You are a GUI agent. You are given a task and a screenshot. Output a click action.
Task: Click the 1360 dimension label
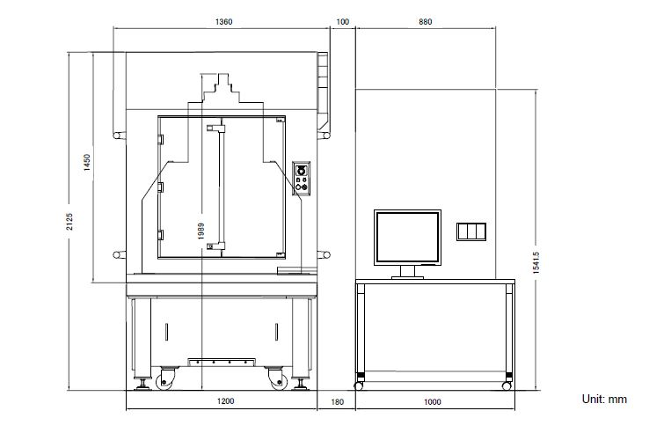point(223,22)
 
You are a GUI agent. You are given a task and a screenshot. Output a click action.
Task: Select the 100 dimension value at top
point(342,22)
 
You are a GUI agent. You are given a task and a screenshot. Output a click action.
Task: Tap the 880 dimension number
point(426,22)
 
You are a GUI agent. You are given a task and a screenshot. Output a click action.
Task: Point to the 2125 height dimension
point(69,222)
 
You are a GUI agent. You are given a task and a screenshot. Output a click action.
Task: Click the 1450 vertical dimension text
point(87,163)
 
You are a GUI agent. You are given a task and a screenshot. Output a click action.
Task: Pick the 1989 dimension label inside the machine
point(201,231)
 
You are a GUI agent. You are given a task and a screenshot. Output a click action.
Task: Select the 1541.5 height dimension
point(536,262)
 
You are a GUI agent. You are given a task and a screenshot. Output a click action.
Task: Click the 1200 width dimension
point(225,401)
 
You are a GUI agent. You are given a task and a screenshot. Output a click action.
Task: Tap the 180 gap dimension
point(337,402)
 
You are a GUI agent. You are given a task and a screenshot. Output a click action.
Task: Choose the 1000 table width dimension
point(432,402)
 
